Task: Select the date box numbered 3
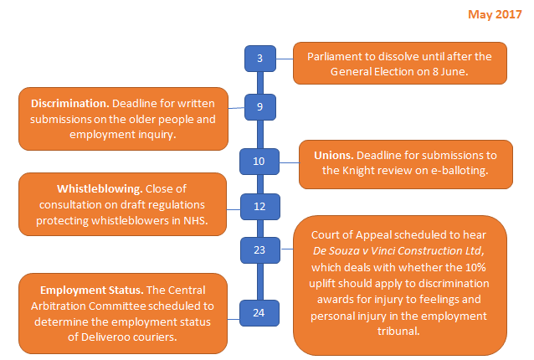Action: [259, 59]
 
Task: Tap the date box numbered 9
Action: [259, 107]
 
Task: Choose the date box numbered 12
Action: [259, 206]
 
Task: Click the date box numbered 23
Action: [259, 249]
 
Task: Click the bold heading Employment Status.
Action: [74, 290]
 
